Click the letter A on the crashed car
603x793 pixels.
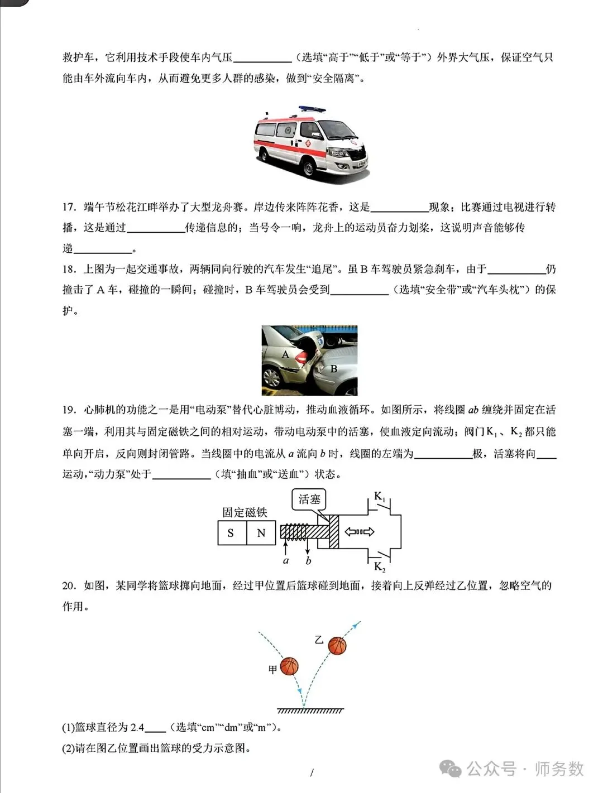point(285,354)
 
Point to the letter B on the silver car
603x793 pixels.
point(334,369)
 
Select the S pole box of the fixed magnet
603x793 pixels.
point(231,533)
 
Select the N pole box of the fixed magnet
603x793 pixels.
point(261,533)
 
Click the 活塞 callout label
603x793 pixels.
point(309,499)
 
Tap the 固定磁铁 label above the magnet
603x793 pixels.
point(245,512)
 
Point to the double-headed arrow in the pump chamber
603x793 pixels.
point(359,532)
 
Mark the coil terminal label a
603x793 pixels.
point(286,560)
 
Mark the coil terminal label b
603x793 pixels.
point(308,560)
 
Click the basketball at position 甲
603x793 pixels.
point(289,666)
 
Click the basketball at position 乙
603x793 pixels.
point(337,646)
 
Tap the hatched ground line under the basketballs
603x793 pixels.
point(310,710)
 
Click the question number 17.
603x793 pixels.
point(69,208)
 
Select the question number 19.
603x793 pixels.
point(69,410)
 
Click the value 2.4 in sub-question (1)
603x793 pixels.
point(137,727)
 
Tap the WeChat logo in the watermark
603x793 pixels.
point(450,769)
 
